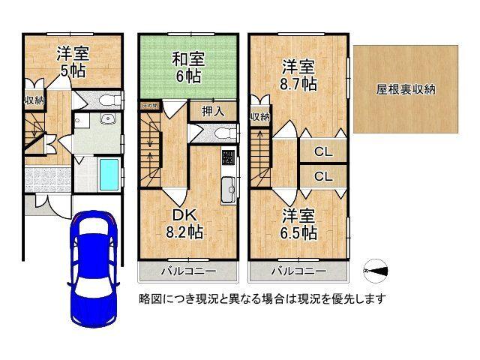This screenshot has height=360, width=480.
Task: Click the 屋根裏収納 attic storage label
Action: (406, 89)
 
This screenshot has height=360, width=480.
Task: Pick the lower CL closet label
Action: (322, 177)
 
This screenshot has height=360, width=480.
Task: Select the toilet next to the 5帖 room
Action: (108, 100)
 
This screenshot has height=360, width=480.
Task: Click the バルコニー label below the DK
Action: (187, 270)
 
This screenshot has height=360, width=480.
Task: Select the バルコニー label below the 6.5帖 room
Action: (298, 270)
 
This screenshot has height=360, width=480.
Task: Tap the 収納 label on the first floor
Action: (33, 100)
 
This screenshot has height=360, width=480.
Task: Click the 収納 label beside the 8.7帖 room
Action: (259, 116)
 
